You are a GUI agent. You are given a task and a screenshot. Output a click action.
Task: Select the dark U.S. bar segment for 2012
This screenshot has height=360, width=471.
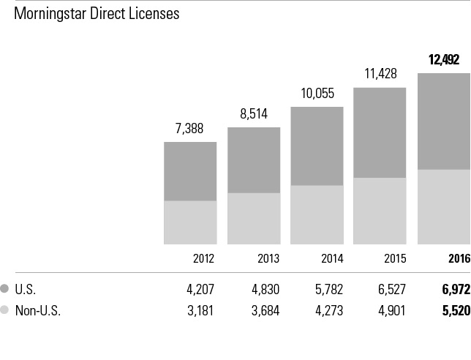click(190, 171)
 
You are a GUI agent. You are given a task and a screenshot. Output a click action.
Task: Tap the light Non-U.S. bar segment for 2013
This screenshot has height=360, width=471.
click(254, 218)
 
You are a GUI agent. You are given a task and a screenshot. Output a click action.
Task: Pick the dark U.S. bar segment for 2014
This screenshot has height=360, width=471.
click(317, 146)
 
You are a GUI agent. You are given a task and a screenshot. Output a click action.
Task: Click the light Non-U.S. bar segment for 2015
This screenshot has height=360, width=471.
click(380, 211)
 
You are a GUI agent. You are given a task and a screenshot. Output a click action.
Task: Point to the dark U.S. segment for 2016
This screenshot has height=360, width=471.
click(444, 121)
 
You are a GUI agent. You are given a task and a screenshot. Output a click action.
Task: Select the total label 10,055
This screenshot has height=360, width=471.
click(317, 94)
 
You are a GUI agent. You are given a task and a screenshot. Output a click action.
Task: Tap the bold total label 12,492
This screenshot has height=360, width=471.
click(444, 60)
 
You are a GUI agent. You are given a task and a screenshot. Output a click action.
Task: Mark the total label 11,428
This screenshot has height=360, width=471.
click(380, 74)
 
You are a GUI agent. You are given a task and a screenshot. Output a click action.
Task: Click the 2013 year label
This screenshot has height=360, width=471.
click(268, 258)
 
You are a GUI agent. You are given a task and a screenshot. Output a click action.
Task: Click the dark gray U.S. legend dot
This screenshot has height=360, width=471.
click(6, 289)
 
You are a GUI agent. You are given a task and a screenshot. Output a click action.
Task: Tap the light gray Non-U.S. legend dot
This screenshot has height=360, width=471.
click(6, 310)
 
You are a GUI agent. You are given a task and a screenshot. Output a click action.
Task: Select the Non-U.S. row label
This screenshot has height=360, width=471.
click(41, 310)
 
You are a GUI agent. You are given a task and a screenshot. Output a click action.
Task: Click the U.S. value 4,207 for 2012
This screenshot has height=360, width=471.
click(201, 289)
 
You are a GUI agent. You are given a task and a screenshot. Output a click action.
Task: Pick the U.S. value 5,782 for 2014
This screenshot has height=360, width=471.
click(328, 289)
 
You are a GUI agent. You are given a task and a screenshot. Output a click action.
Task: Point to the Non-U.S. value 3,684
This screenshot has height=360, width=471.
click(265, 310)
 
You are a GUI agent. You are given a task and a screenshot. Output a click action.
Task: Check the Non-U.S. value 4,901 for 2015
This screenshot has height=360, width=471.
click(391, 310)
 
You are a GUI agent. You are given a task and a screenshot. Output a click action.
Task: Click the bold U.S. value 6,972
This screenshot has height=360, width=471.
click(455, 289)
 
